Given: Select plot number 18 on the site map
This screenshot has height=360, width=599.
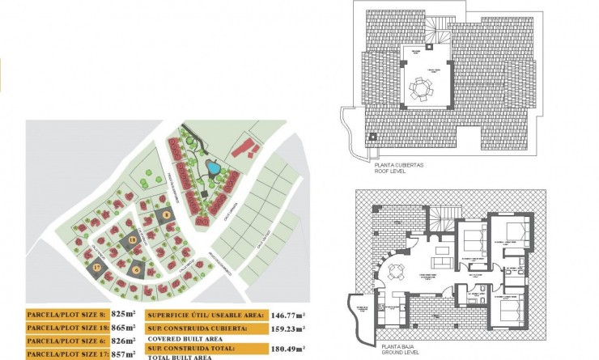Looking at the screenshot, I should click(131, 239).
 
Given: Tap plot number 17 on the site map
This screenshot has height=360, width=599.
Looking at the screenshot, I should click(96, 267).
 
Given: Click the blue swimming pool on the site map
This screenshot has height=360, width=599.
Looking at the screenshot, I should click(213, 168).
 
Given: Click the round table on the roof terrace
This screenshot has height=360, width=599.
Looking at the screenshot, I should click(419, 87).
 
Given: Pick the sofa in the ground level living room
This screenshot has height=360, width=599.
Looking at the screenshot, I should click(442, 261).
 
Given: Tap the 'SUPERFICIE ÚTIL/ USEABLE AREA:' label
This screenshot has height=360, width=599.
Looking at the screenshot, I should click(206, 316).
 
